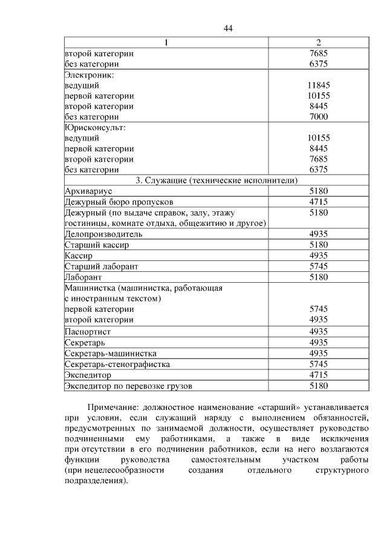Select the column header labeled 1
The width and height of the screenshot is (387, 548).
click(x=167, y=43)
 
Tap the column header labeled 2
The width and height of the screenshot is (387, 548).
click(x=318, y=43)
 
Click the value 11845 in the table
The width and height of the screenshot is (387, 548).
click(x=318, y=85)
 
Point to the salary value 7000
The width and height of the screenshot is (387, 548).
click(x=318, y=117)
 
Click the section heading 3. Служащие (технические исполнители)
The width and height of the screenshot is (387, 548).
click(x=217, y=180)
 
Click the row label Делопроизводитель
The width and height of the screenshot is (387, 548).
click(x=103, y=234)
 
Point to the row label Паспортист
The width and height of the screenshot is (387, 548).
click(x=88, y=332)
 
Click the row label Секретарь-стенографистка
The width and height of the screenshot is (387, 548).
click(x=117, y=364)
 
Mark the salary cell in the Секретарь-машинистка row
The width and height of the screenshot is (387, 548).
click(x=318, y=353)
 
